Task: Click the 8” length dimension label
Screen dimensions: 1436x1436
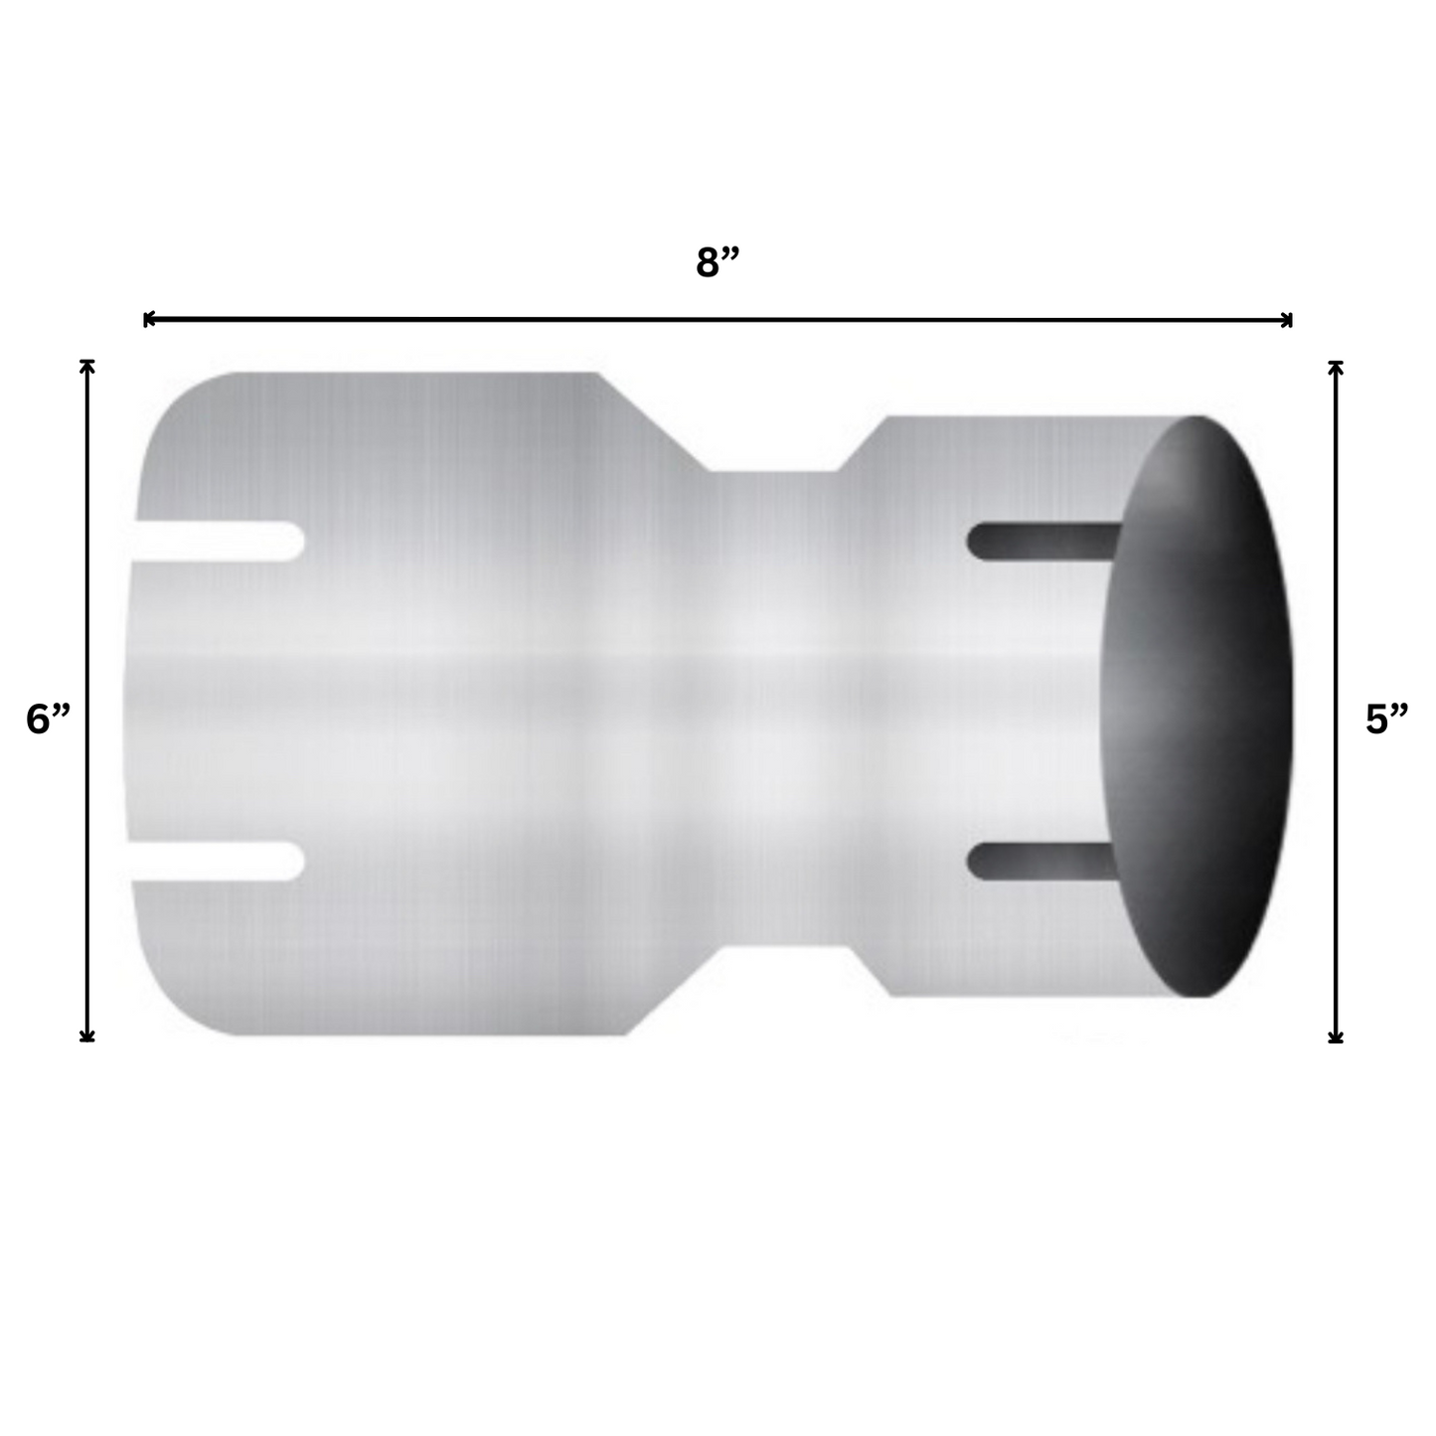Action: coord(718,263)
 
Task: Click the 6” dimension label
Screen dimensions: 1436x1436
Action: coord(48,718)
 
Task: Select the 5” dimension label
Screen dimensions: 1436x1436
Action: coord(1386,718)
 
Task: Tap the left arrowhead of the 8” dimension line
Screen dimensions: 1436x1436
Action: coord(148,319)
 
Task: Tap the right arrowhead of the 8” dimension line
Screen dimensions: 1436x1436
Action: coord(1288,319)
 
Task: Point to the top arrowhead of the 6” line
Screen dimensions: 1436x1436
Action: coord(87,365)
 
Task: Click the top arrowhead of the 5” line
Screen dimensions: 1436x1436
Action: coord(1336,366)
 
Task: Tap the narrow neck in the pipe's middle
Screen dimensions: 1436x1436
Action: coord(775,706)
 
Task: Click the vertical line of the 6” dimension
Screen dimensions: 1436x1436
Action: coord(87,596)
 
